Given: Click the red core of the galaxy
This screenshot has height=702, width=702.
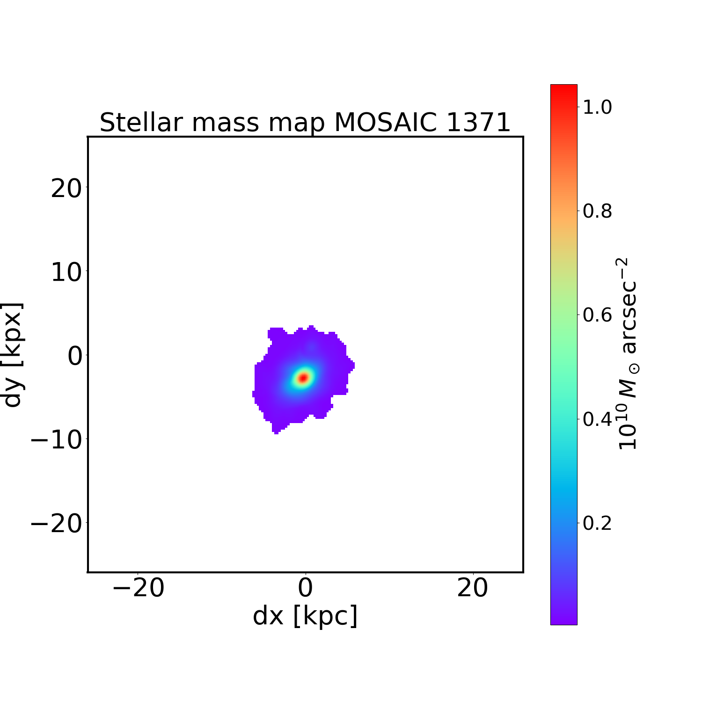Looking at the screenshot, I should [303, 377].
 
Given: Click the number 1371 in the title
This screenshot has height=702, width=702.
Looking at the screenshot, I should [478, 123].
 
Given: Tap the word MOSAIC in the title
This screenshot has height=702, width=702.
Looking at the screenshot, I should [387, 123].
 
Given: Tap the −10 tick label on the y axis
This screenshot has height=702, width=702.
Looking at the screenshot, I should [56, 439].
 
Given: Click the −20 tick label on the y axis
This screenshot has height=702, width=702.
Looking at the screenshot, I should [56, 523].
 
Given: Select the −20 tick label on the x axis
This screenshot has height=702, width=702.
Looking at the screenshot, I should [138, 588].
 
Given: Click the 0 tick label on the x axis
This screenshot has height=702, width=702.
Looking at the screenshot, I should [305, 588].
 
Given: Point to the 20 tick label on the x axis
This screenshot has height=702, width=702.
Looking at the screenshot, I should [473, 588].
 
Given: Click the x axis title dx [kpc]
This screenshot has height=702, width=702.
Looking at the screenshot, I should [305, 615].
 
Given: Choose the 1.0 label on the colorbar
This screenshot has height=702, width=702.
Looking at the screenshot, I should [597, 107].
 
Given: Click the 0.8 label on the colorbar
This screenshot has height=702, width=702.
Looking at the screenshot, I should [597, 211].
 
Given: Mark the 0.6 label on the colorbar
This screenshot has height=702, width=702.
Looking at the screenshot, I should [597, 315].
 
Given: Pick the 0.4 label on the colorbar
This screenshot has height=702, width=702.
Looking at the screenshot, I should [597, 419].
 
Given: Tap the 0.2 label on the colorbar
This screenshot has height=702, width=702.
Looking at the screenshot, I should [597, 523].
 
